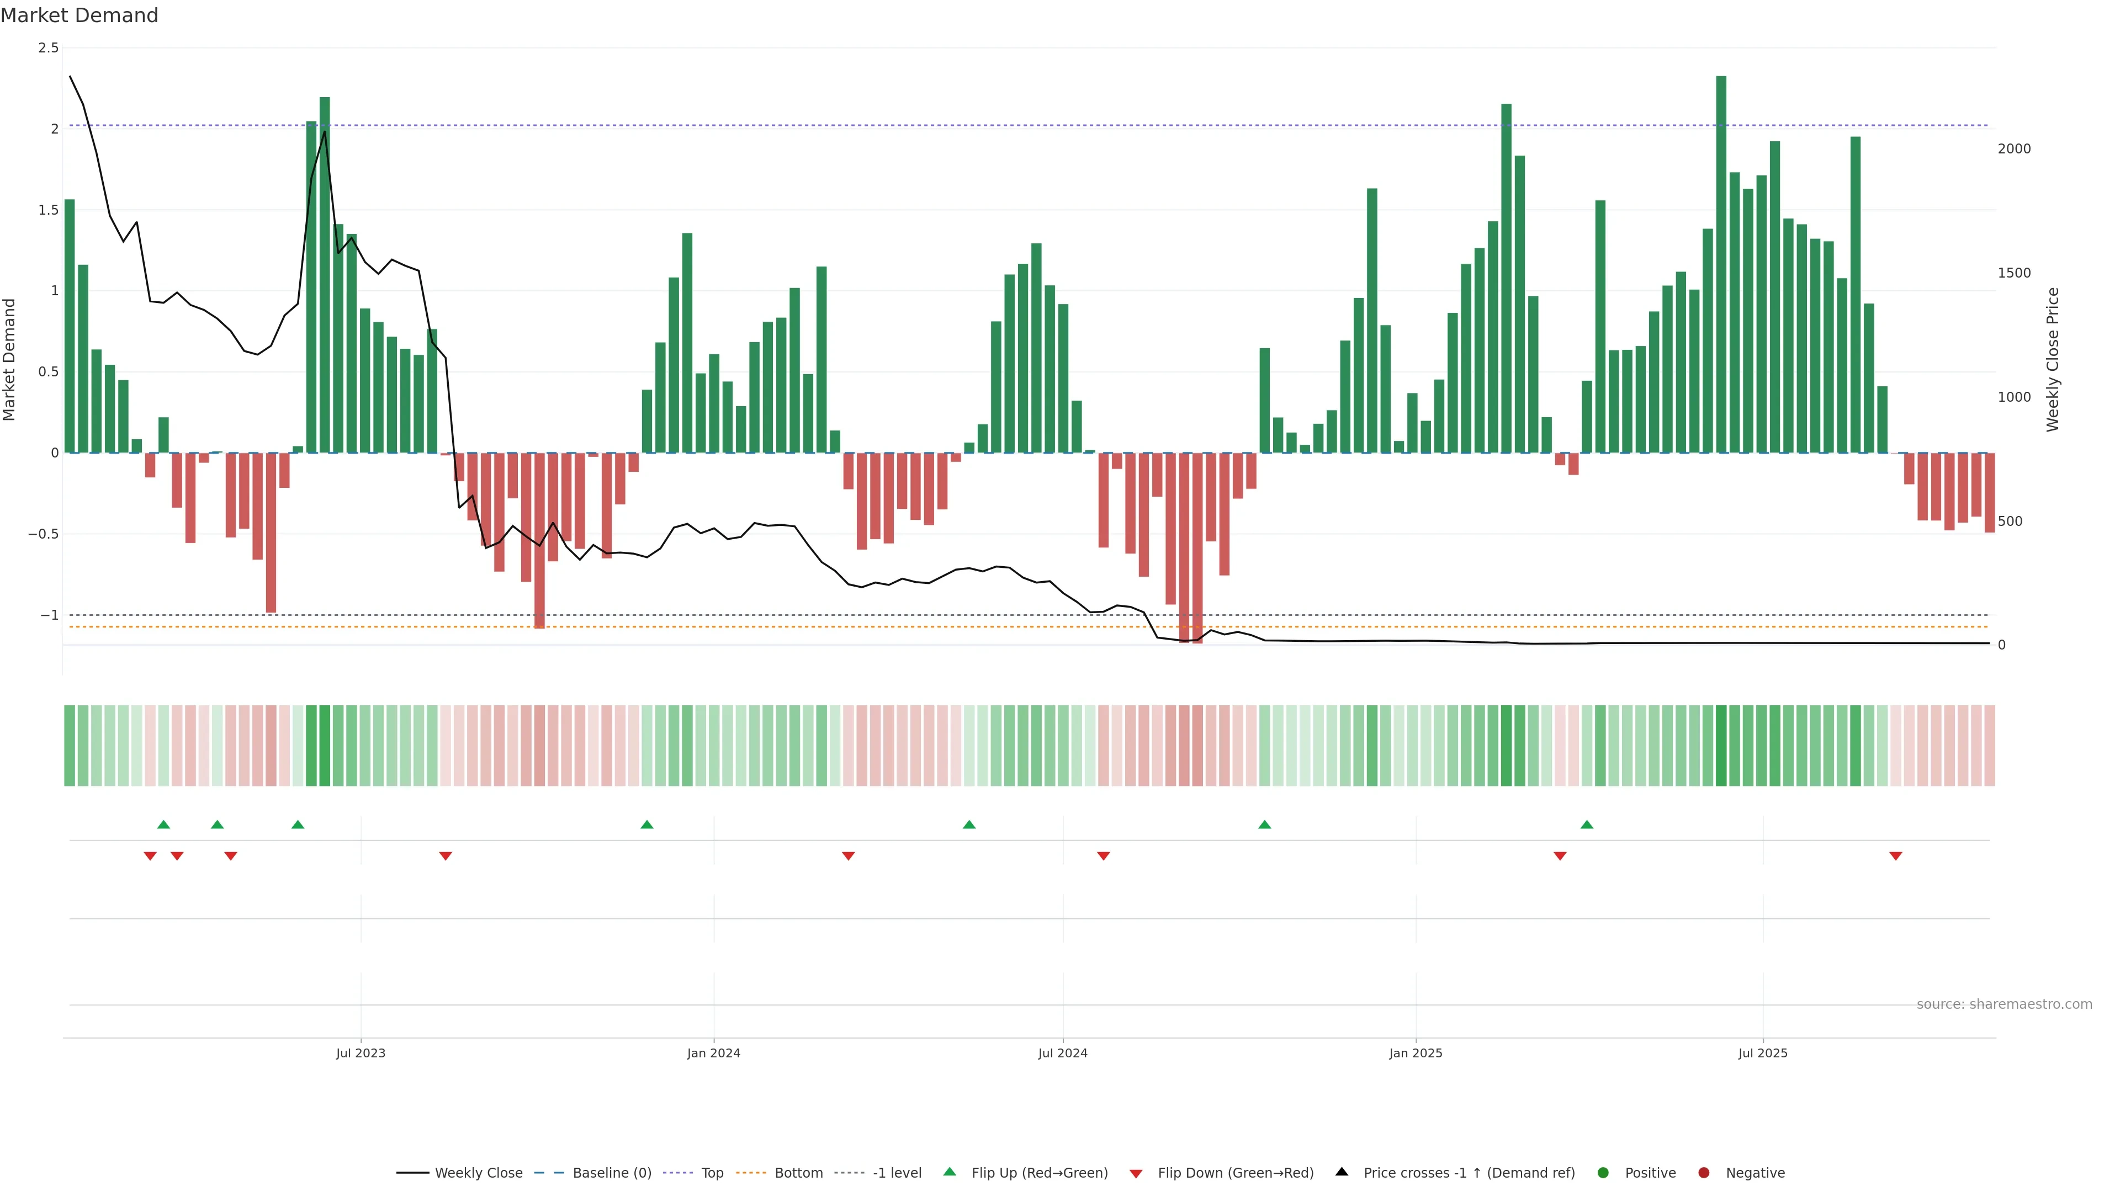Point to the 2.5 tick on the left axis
pyautogui.click(x=49, y=47)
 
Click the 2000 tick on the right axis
pyautogui.click(x=2014, y=149)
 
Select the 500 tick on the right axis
pyautogui.click(x=2010, y=521)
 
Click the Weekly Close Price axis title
pyautogui.click(x=2053, y=359)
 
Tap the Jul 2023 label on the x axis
pyautogui.click(x=361, y=1053)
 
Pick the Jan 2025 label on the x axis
pyautogui.click(x=1416, y=1053)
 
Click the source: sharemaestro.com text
pyautogui.click(x=2004, y=1004)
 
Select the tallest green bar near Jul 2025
pyautogui.click(x=1721, y=263)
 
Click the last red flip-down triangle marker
pyautogui.click(x=1895, y=856)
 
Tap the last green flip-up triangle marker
pyautogui.click(x=1587, y=824)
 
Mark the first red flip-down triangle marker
pyautogui.click(x=150, y=856)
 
